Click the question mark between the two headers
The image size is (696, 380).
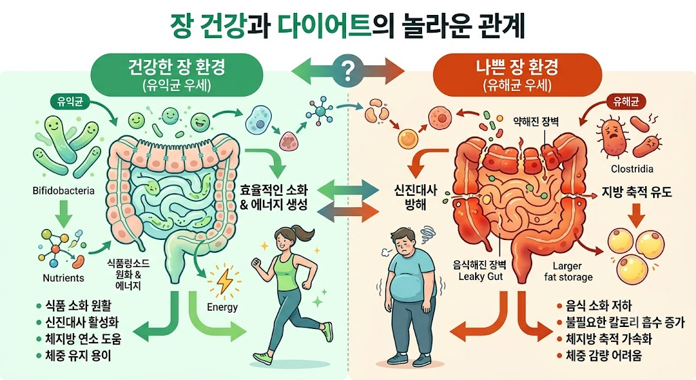[x=349, y=70]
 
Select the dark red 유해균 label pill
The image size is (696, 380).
[x=626, y=102]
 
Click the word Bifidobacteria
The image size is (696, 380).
[x=63, y=191]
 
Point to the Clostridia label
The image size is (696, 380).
[x=632, y=169]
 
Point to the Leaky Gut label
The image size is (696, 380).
[x=481, y=277]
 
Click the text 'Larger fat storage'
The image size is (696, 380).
[x=568, y=272]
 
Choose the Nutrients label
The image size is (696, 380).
[x=63, y=278]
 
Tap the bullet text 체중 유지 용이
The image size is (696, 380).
[x=78, y=356]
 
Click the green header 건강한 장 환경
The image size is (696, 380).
[x=176, y=67]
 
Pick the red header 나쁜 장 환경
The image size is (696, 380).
[x=517, y=67]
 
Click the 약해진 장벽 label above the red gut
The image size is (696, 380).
[x=536, y=121]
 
